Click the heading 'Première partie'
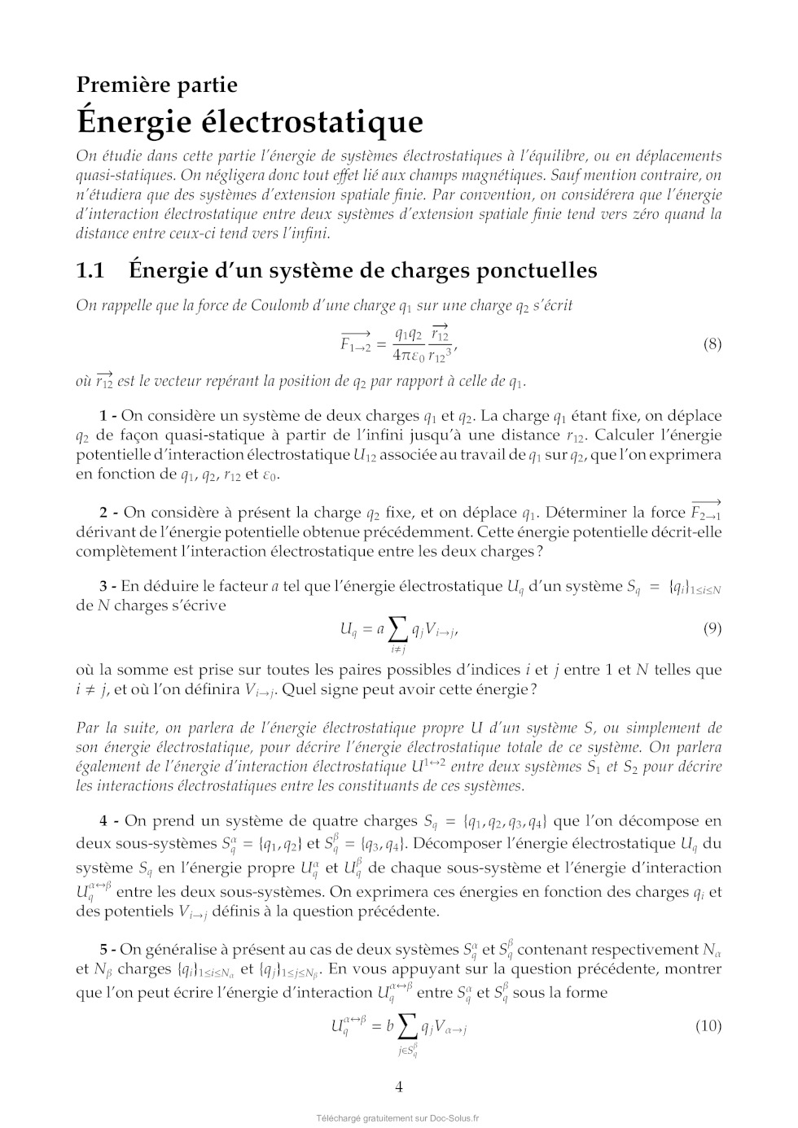(156, 85)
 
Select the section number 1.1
(90, 270)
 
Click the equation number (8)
(712, 343)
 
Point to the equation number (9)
(712, 628)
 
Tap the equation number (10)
(708, 1025)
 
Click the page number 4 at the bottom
(399, 1086)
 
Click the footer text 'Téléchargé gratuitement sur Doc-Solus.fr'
(398, 1118)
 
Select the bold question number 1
(103, 416)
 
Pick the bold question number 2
(103, 513)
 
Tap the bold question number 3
(103, 586)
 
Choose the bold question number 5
(103, 949)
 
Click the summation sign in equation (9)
(397, 628)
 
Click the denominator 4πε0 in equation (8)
(408, 356)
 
